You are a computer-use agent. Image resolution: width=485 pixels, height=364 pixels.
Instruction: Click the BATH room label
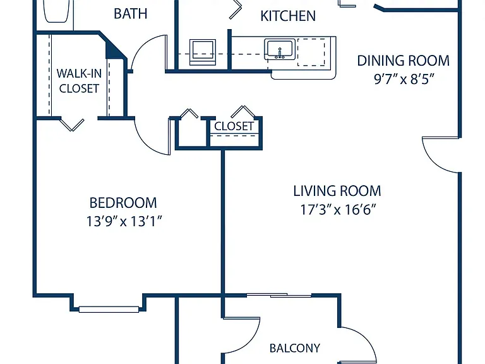[130, 14]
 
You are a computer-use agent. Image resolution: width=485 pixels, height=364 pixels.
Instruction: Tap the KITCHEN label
[288, 16]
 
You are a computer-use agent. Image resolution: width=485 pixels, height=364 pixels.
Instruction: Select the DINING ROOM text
[404, 61]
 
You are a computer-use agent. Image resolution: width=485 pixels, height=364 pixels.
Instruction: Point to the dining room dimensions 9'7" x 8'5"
[402, 80]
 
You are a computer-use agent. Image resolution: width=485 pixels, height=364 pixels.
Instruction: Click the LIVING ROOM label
[337, 191]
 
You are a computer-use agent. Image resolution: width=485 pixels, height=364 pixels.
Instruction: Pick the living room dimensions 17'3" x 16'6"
[338, 210]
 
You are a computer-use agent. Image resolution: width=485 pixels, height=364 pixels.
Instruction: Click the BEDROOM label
[123, 203]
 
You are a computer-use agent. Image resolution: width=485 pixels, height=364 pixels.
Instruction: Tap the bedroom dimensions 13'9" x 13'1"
[124, 221]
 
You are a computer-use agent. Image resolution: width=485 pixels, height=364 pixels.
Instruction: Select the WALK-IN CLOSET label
[79, 81]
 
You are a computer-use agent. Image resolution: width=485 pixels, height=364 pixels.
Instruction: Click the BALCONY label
[295, 348]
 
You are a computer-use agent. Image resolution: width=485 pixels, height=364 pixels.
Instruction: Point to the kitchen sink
[280, 49]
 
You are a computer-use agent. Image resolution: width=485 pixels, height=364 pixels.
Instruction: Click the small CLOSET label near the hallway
[234, 126]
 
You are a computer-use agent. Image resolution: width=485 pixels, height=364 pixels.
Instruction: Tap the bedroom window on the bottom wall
[109, 309]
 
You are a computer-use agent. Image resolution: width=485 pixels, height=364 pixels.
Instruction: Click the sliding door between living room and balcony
[279, 296]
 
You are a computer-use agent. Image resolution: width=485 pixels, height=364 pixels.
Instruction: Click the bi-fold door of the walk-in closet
[72, 124]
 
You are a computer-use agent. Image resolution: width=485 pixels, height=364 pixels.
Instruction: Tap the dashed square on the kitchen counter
[311, 52]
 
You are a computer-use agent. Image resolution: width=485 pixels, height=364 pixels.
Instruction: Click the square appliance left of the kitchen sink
[203, 52]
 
